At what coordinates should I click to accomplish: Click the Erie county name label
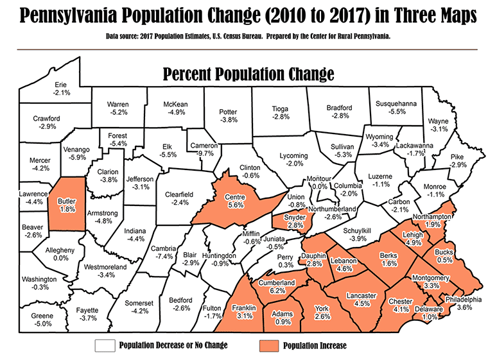coord(61,84)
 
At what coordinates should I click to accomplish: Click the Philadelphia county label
coord(459,299)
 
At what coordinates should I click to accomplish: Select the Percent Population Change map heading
coord(248,73)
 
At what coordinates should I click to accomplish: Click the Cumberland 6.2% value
coord(277,291)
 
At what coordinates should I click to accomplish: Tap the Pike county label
coord(457,156)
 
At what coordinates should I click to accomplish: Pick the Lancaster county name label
coord(360,295)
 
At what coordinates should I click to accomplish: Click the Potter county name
coord(228,110)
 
